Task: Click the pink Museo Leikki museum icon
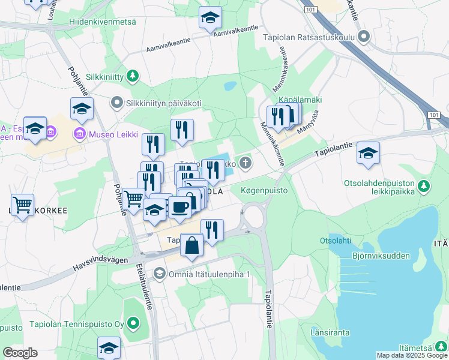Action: tap(78, 133)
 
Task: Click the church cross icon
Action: tap(245, 162)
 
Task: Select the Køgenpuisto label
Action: tap(264, 191)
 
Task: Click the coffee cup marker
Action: tap(179, 208)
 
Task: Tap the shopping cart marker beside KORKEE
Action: tap(23, 205)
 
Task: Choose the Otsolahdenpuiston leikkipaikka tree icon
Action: tap(424, 186)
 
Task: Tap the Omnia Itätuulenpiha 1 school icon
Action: tap(159, 274)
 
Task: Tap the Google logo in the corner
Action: tap(20, 353)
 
